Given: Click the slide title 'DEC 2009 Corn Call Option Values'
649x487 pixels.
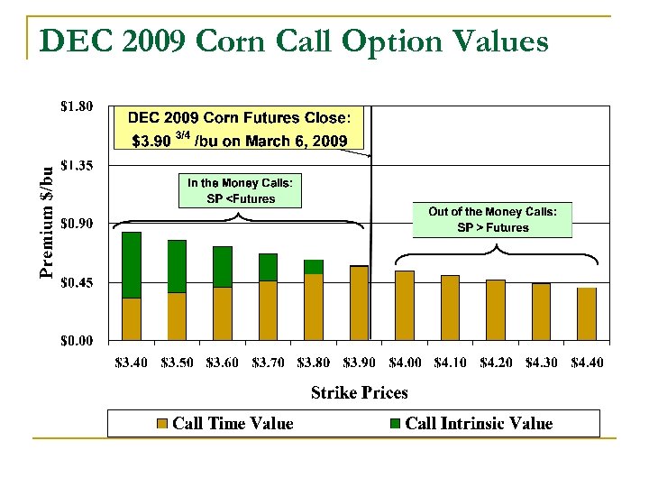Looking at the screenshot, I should [x=294, y=41].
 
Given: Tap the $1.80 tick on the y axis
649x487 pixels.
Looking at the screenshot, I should [x=75, y=106].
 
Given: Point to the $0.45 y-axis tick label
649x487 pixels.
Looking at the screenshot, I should [x=75, y=282].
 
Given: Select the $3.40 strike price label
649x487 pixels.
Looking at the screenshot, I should [x=133, y=363].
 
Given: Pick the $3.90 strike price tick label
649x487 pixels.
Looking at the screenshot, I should [x=360, y=363].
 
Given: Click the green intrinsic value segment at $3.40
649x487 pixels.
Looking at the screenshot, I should [x=132, y=264].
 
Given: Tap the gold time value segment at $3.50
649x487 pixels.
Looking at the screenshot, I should [x=177, y=317].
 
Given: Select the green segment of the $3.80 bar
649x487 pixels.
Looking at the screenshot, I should [x=314, y=266].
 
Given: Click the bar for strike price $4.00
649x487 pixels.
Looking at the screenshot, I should [x=405, y=306].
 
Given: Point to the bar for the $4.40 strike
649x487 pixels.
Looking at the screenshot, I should [x=587, y=314].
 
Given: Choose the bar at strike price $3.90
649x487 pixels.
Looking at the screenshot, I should [x=359, y=303].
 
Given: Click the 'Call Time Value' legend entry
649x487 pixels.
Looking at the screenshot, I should [x=225, y=423].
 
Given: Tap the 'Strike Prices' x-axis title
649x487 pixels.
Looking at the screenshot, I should [x=359, y=392].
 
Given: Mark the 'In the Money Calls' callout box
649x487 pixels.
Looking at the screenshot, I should [x=240, y=190].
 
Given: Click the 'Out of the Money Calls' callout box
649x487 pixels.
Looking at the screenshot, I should [x=492, y=219].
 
